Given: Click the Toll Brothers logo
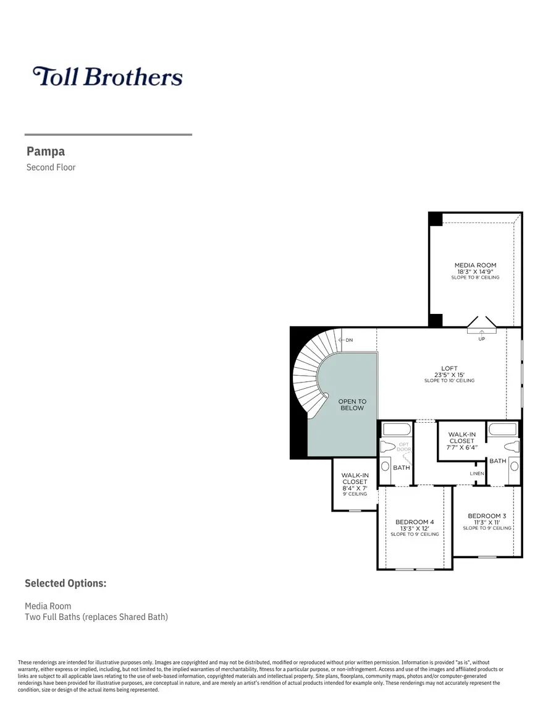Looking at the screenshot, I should tap(107, 77).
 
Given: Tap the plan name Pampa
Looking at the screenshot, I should tap(46, 151).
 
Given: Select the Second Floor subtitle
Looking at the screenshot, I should tap(51, 167).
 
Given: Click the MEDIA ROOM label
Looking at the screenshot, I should tap(475, 265).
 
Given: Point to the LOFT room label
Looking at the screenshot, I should tap(449, 368).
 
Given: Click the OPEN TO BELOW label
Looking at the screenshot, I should tap(352, 405).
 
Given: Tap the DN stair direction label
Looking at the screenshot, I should tap(349, 341).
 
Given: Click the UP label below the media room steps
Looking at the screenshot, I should tap(482, 339).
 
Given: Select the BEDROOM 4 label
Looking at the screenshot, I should tap(415, 522).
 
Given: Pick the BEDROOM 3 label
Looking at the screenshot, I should tap(487, 515).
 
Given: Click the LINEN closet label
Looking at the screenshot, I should tap(476, 473).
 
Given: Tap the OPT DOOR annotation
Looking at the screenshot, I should tap(404, 446).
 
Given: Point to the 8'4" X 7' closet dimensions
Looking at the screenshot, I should tap(355, 488).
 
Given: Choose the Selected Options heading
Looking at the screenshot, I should tap(65, 583).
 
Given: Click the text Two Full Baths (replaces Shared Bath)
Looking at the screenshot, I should tap(96, 617).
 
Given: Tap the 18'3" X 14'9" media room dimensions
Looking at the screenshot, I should tap(475, 271).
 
